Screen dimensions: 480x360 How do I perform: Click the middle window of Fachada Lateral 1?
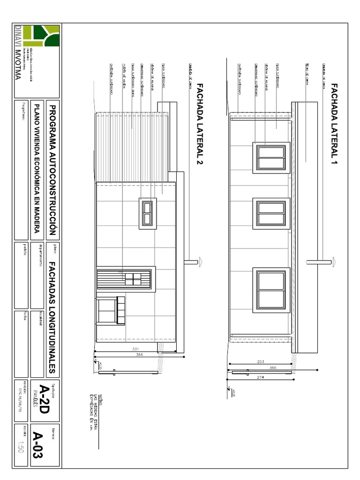(x=271, y=213)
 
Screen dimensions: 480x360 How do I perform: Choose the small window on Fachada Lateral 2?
(x=148, y=213)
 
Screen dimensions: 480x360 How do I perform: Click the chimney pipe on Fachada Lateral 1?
(x=323, y=261)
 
